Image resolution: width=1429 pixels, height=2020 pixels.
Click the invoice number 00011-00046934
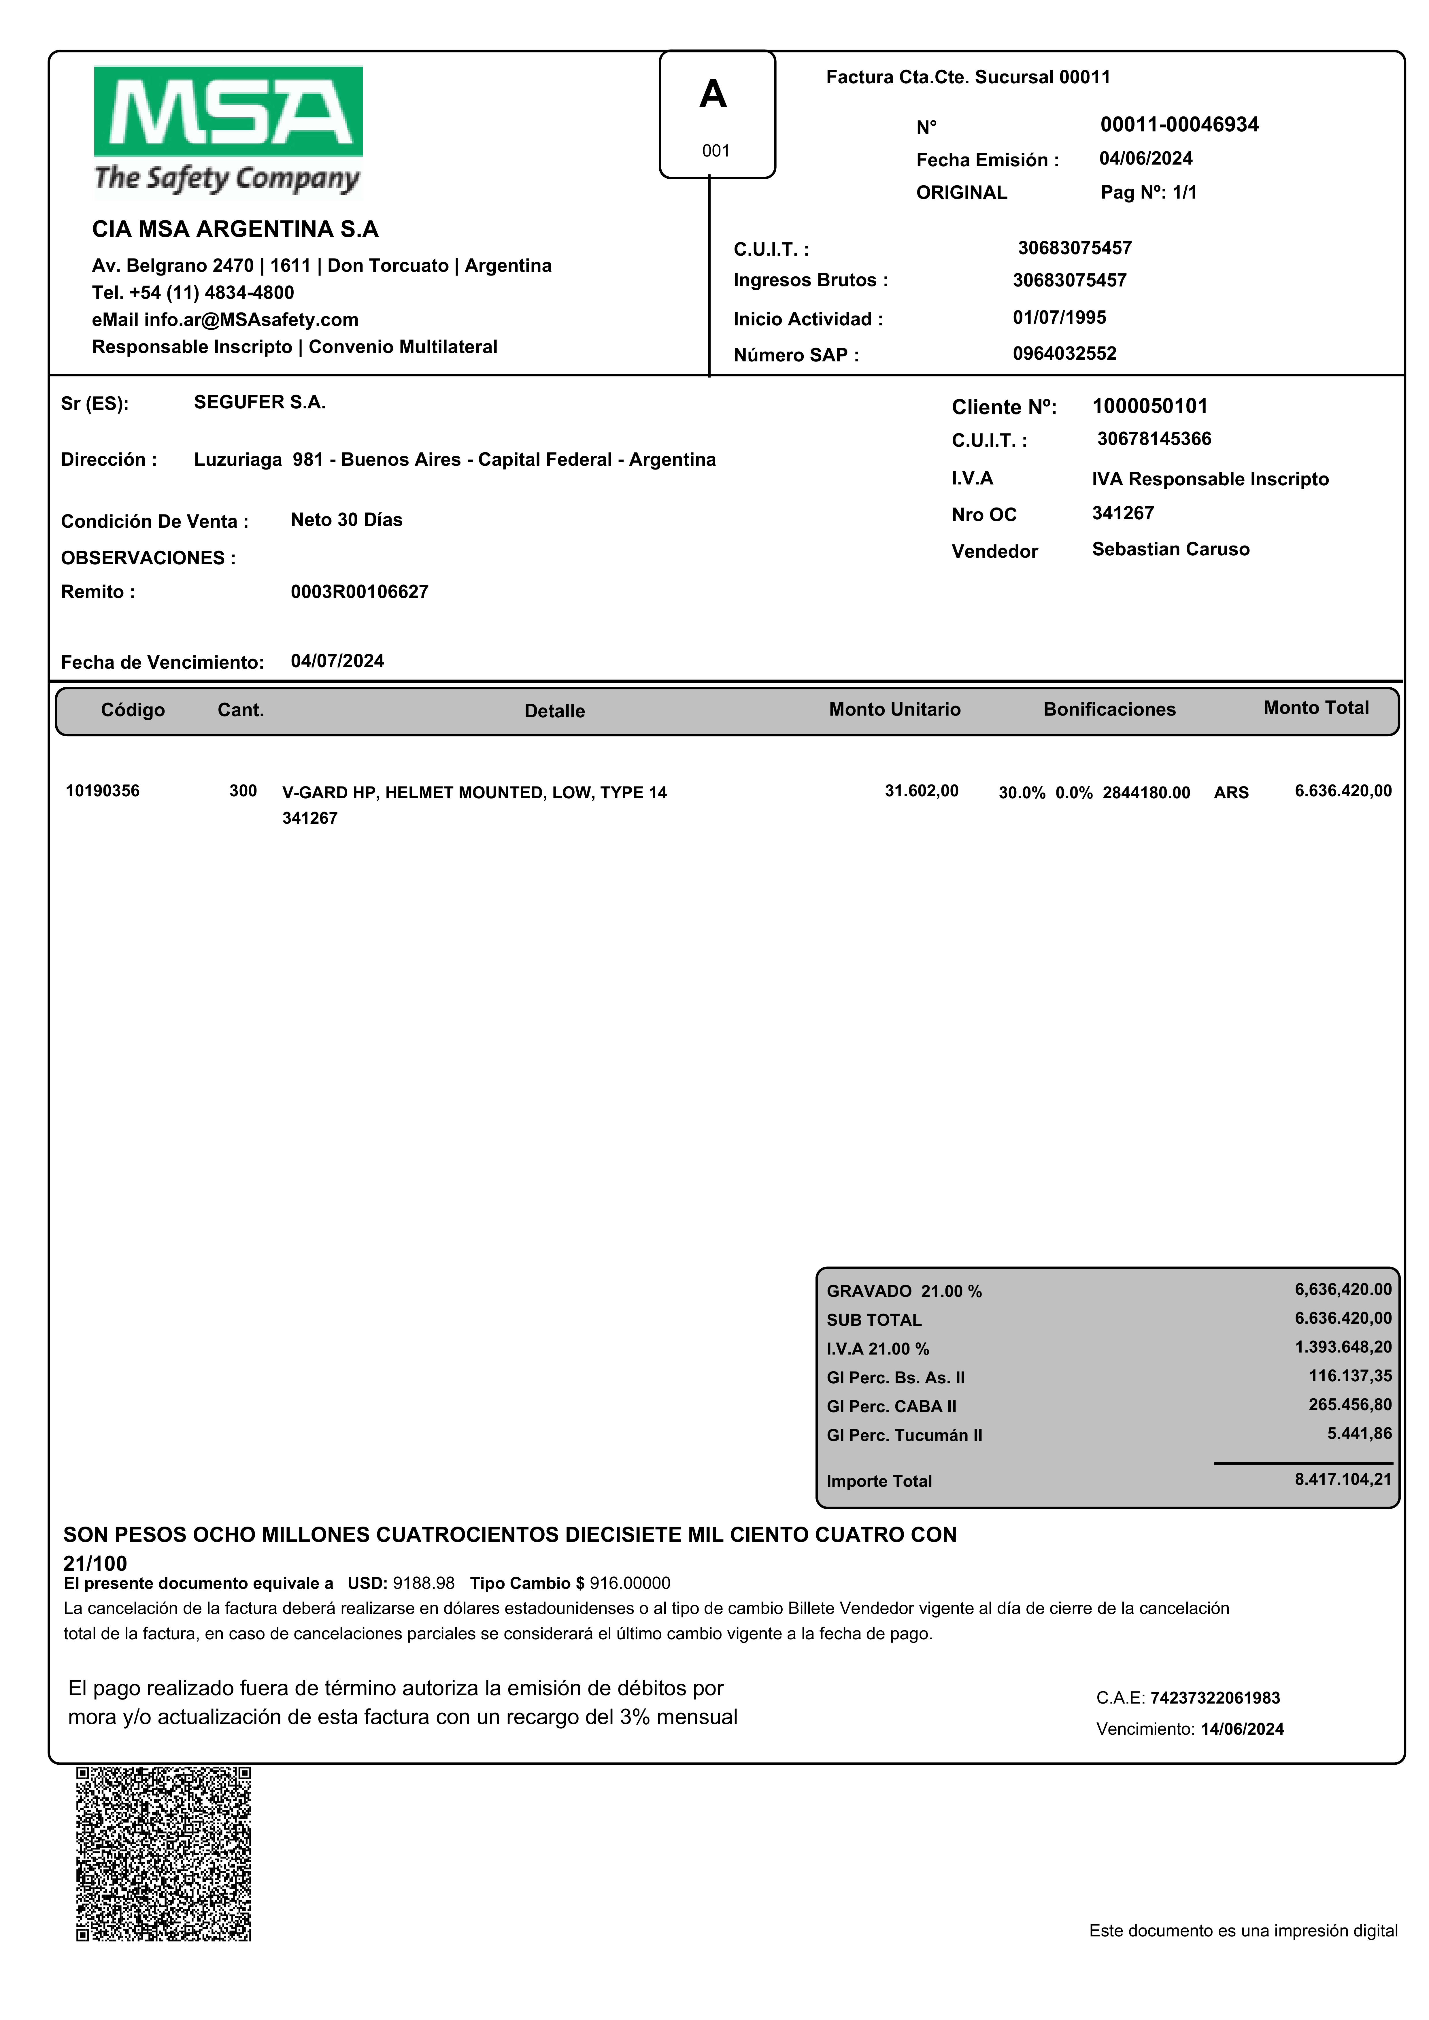[1179, 125]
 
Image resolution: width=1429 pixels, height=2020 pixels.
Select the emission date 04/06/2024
[1146, 158]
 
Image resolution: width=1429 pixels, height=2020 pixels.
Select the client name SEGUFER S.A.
[260, 402]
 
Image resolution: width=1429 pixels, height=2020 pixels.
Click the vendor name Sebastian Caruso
[1170, 549]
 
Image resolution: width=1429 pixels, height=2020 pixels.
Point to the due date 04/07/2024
[337, 661]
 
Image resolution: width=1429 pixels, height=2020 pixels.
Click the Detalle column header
[554, 711]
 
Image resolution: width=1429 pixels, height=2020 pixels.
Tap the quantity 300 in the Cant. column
[243, 791]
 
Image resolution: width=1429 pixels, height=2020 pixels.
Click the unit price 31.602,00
[921, 791]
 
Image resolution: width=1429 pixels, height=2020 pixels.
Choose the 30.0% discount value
[1022, 793]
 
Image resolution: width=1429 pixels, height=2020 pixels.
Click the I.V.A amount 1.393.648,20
[1343, 1347]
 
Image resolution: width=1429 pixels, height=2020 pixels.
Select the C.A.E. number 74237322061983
[1215, 1698]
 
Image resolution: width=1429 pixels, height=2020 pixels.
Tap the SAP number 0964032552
[1064, 354]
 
